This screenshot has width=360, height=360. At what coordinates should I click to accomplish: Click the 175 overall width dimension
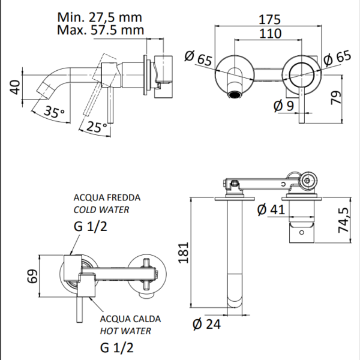pos(271,18)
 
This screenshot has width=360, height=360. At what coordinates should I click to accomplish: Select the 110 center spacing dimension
pos(271,34)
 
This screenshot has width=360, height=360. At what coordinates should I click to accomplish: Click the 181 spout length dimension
pos(182,254)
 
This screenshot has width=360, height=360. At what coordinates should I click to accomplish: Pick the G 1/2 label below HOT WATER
pos(114,349)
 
